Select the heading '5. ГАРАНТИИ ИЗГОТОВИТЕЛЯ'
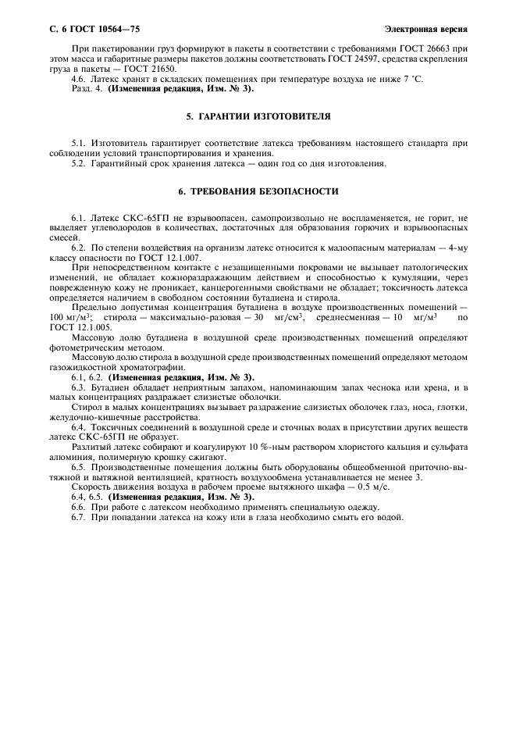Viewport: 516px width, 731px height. coord(258,116)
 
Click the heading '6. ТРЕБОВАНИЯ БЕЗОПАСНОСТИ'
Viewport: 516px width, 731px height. coord(258,191)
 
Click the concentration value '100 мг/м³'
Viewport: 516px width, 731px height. coord(66,318)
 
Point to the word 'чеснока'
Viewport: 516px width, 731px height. coord(383,387)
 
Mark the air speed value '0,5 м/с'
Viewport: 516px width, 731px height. coord(374,486)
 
